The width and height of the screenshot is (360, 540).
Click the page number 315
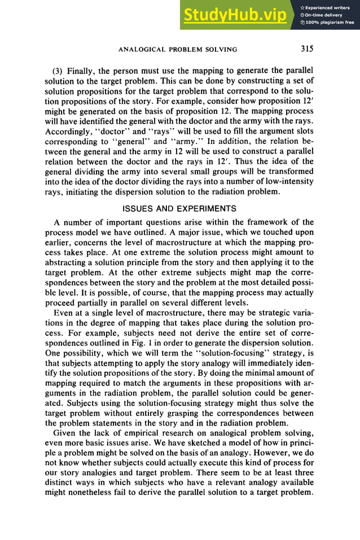pyautogui.click(x=306, y=49)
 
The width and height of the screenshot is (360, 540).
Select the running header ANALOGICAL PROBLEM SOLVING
pyautogui.click(x=178, y=50)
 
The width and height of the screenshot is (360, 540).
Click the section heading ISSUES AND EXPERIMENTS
pyautogui.click(x=179, y=207)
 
